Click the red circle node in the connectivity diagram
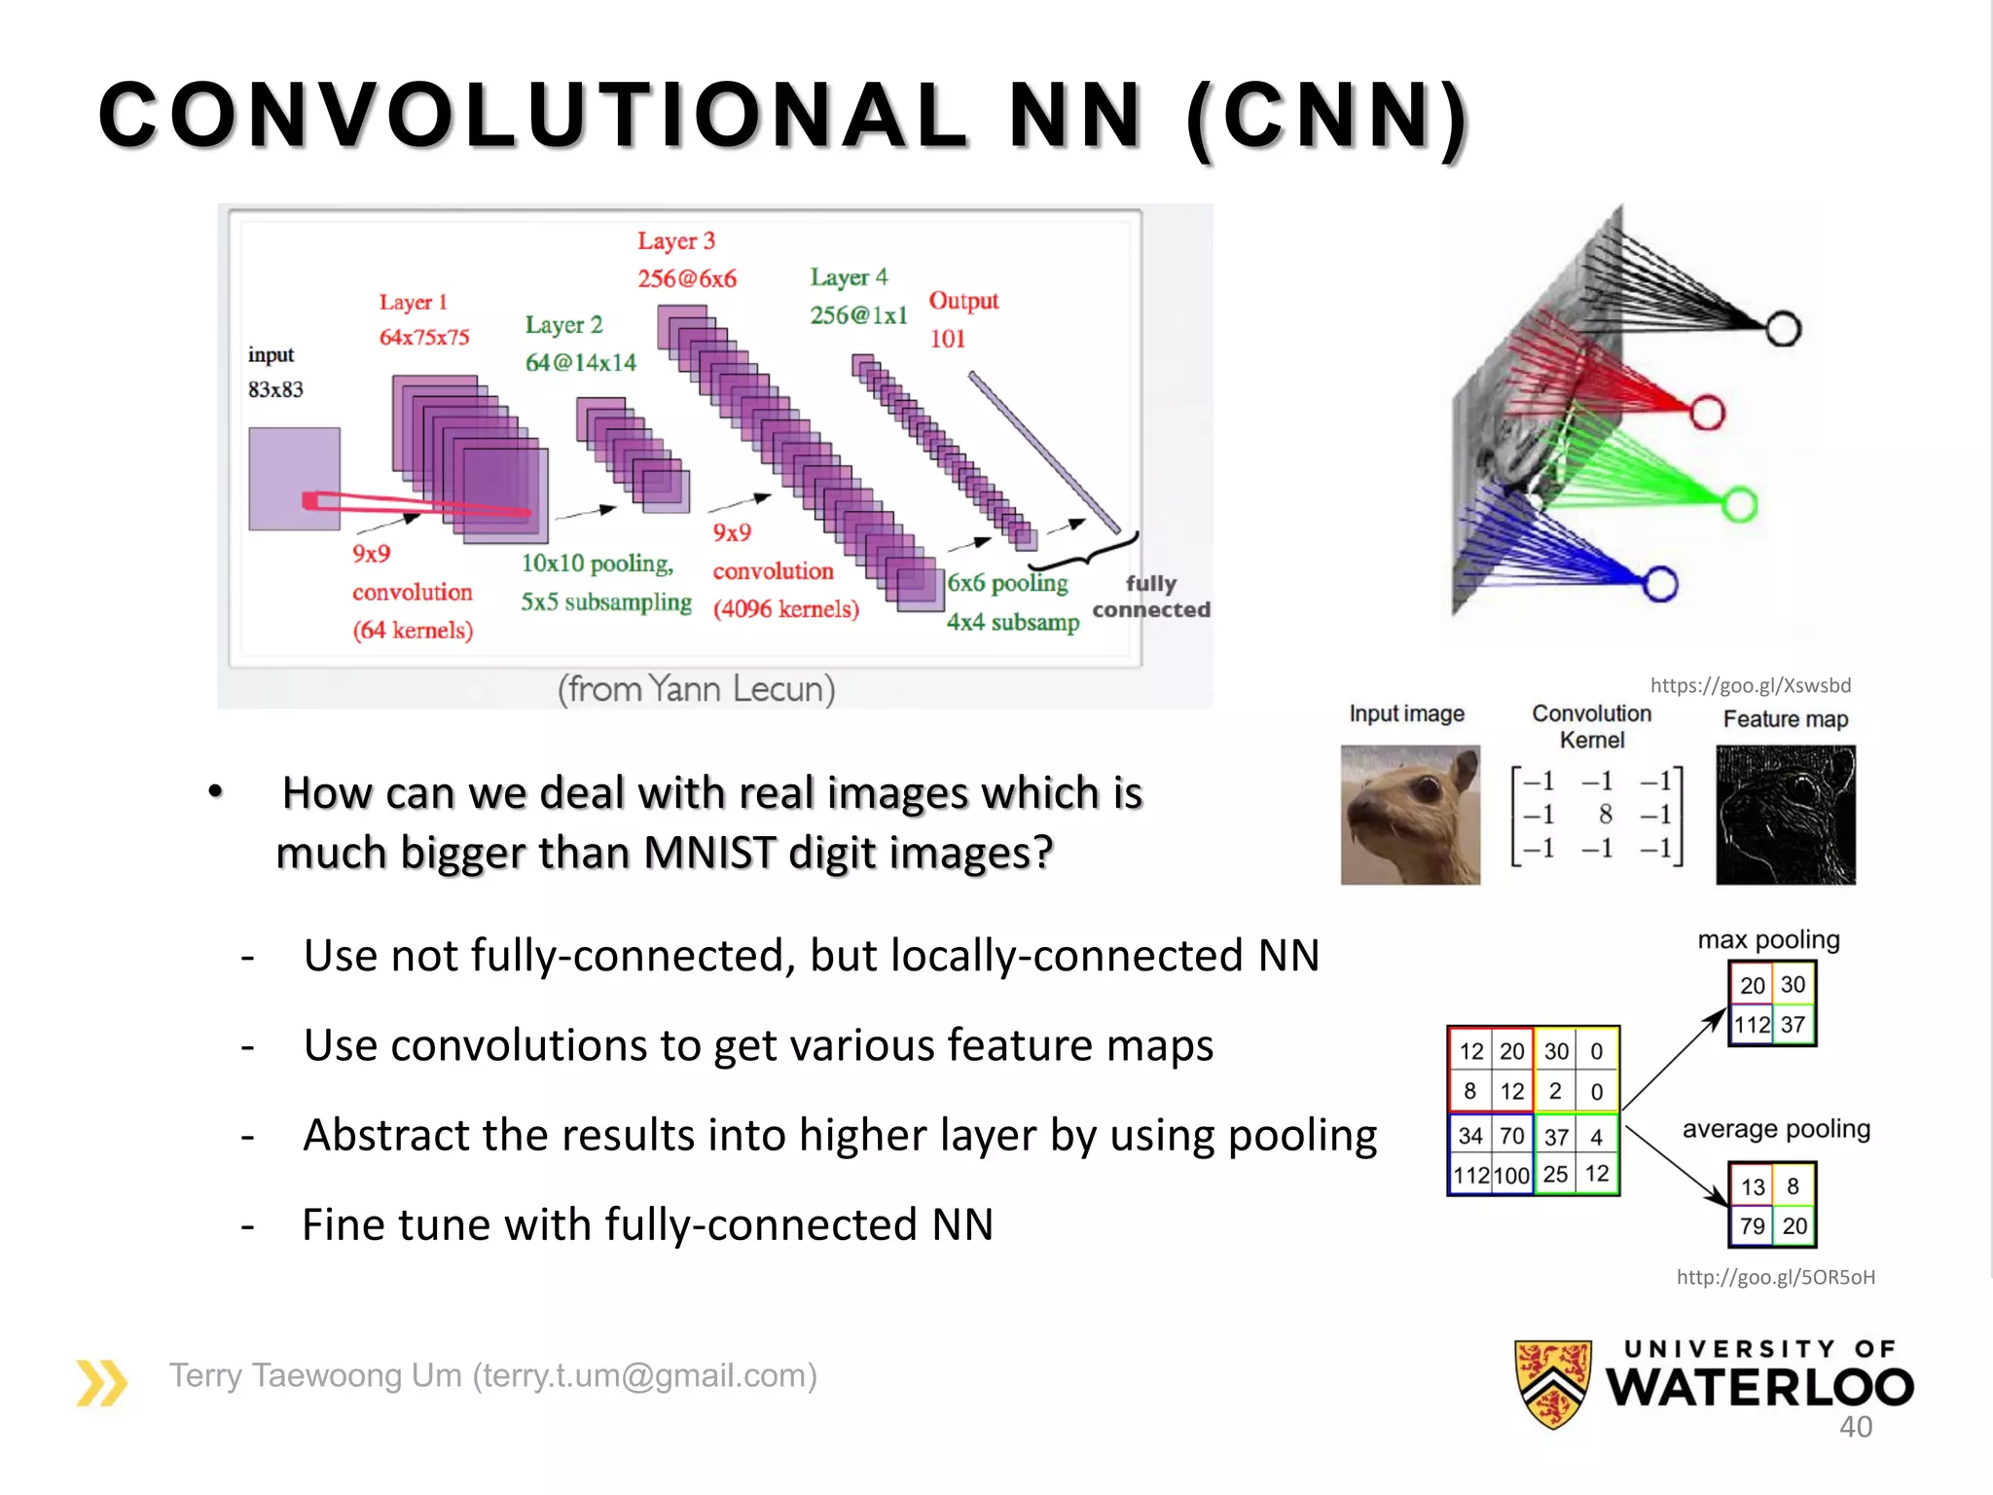[x=1707, y=413]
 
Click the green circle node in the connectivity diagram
[x=1739, y=504]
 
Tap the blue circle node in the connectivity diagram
[x=1660, y=584]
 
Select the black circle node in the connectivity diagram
[x=1783, y=329]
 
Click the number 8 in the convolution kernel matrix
[x=1605, y=814]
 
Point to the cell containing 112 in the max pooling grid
[x=1752, y=1024]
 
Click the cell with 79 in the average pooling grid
[x=1752, y=1225]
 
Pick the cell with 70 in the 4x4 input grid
[x=1511, y=1136]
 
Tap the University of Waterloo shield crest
[x=1553, y=1383]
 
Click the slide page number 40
[x=1855, y=1427]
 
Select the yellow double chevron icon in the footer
[x=101, y=1383]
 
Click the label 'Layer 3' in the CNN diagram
[x=676, y=241]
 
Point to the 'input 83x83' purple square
[x=294, y=478]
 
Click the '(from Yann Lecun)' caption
[x=696, y=689]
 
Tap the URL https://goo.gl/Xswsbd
[x=1750, y=685]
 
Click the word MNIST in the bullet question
[x=708, y=853]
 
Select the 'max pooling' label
[x=1768, y=940]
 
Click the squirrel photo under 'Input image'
[x=1410, y=815]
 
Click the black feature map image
[x=1785, y=815]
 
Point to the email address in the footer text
[x=644, y=1376]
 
